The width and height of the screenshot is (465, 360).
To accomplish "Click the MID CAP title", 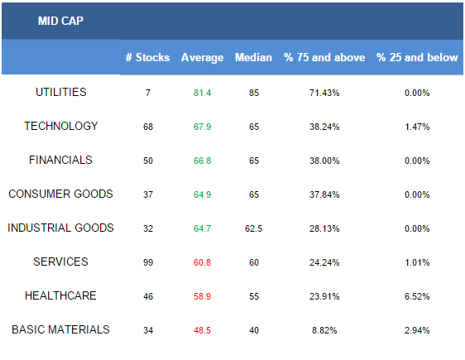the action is (60, 21).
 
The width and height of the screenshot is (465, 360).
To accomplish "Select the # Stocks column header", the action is (147, 57).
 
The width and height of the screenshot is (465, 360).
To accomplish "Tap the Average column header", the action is (202, 58).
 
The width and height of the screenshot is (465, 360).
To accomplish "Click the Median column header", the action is (253, 57).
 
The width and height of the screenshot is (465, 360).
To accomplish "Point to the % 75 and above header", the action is (324, 57).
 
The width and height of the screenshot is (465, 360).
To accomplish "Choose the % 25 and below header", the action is (417, 57).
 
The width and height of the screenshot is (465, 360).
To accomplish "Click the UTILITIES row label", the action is (60, 92).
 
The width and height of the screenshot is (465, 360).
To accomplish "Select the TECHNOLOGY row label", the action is (60, 126).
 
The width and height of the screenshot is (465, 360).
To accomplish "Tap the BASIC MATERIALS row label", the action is (60, 329).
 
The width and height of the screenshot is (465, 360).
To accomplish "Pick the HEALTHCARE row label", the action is (60, 295).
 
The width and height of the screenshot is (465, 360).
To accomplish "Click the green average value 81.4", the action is (202, 93).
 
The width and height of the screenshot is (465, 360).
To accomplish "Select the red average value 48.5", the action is (202, 330).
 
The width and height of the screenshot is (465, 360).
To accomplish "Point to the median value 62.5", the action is (253, 228).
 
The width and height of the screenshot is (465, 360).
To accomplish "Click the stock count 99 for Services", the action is (148, 262).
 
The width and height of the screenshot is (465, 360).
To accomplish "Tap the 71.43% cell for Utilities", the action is (324, 93).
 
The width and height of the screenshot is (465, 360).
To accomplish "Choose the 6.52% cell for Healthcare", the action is (417, 296).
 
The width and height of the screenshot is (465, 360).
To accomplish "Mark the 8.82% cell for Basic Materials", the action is (324, 330).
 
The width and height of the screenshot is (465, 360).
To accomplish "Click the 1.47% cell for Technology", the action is (417, 127).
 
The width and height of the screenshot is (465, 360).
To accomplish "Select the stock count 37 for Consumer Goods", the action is (148, 194).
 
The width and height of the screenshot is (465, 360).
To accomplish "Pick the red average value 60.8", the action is (202, 262).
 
